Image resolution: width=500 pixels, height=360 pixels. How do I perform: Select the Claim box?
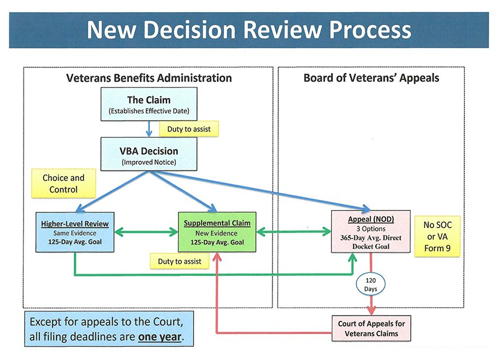[149, 104]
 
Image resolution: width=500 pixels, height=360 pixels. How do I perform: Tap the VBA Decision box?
[149, 154]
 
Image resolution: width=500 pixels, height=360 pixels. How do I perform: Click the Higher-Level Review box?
[75, 232]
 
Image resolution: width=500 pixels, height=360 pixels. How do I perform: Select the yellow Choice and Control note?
[63, 183]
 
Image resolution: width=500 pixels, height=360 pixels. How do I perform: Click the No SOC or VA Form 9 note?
[437, 236]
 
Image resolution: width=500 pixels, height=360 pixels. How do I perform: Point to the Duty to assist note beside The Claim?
[189, 129]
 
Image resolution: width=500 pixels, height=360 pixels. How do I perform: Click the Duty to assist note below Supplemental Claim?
[180, 262]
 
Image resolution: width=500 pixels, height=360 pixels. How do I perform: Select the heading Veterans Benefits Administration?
[149, 78]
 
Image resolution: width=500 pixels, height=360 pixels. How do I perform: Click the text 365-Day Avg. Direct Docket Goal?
[371, 241]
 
